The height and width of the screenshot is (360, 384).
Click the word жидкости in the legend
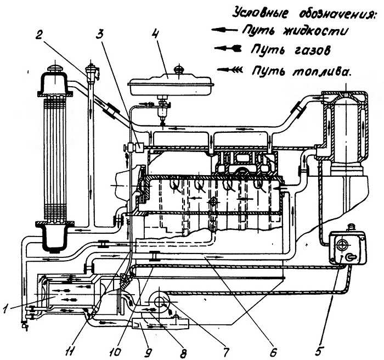[320, 31]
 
